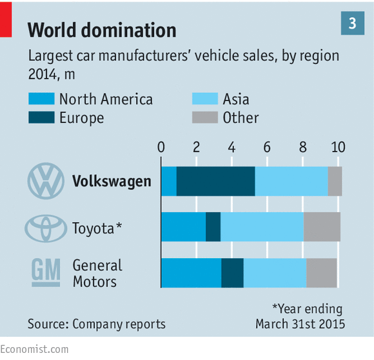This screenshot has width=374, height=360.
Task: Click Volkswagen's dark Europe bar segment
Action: pos(215,181)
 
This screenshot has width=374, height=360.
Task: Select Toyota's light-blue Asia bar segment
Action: pos(262,226)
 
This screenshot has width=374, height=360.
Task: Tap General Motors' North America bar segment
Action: pos(192,273)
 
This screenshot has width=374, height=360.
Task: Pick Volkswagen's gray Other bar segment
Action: pos(335,181)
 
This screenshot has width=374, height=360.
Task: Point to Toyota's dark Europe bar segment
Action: pos(213,226)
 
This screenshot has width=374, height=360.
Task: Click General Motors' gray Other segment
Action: pos(322,273)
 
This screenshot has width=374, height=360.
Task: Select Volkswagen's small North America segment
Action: pos(169,181)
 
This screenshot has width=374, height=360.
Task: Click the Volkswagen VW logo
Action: pos(46,181)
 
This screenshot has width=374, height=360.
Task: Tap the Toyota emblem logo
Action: pos(46,228)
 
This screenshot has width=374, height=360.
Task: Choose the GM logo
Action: pos(46,272)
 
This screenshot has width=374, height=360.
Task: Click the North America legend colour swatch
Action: pos(41,99)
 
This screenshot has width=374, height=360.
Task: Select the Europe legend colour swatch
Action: pos(41,117)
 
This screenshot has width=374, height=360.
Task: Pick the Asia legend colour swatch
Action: pos(205,99)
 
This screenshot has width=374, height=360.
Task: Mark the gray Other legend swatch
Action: pos(205,117)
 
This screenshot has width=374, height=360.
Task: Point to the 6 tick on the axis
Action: pos(267,147)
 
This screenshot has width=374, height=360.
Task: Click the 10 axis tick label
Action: pos(339,147)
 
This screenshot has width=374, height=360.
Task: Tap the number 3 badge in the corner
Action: pos(353,23)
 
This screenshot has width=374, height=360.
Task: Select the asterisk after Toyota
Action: pos(119,225)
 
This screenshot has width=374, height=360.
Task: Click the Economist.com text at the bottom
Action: pos(34,349)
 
